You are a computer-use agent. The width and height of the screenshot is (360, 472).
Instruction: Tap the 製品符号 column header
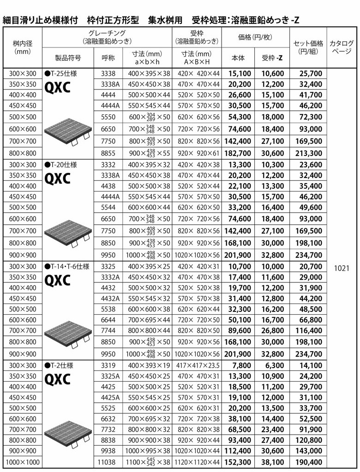(68, 58)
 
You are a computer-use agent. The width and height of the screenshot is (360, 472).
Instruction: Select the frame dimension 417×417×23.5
(197, 365)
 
